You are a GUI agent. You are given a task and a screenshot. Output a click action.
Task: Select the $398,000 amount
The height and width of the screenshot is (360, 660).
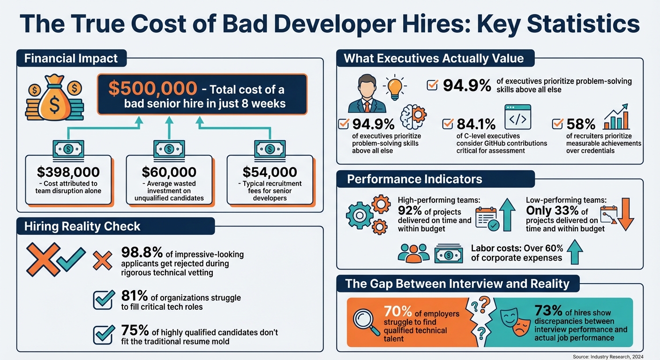68,172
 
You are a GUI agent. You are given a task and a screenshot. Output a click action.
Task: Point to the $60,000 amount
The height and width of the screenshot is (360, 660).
169,172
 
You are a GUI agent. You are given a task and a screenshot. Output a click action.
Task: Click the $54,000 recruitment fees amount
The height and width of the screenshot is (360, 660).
270,172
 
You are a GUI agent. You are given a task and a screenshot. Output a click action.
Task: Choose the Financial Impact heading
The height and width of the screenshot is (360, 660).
71,59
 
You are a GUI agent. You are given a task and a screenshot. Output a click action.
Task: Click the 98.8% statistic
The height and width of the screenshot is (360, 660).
142,254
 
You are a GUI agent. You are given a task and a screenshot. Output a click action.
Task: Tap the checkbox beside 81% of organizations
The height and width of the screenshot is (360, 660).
104,300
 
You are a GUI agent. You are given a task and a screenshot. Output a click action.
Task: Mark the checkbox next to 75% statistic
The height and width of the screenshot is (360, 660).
104,334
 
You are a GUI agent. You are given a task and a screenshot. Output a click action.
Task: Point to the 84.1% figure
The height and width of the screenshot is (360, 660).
476,124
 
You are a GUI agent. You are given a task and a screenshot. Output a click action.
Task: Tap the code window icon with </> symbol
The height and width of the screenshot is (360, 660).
517,117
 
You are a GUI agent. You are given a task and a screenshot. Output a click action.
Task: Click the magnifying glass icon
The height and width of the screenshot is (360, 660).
367,322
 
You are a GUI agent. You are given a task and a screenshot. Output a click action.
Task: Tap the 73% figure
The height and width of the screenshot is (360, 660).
548,311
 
